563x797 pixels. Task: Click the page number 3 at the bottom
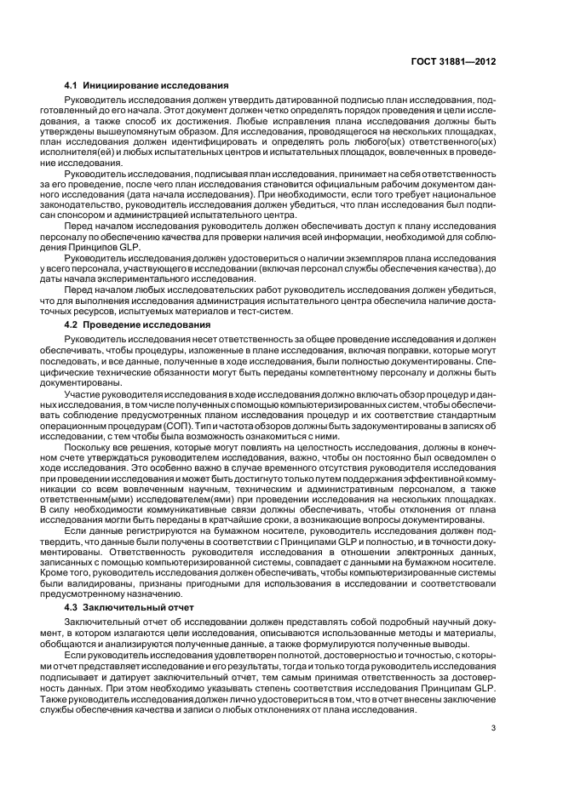(493, 727)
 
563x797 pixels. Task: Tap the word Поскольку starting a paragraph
(110, 447)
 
